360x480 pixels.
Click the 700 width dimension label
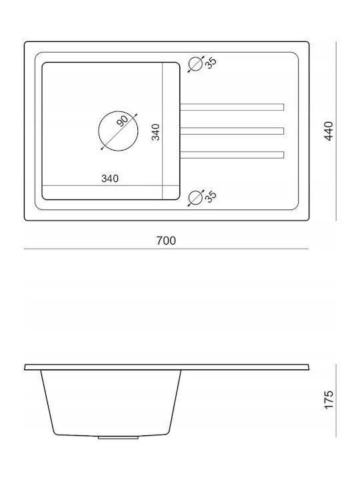point(166,241)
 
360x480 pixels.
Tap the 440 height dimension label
point(329,131)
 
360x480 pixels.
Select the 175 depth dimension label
point(329,399)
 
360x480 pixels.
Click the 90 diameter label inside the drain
point(123,121)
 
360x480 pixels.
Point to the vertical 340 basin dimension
point(156,132)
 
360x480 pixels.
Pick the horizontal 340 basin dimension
point(110,178)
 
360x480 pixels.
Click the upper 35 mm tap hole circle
point(195,64)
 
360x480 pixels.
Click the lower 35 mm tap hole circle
point(195,197)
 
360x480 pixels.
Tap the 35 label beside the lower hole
point(211,196)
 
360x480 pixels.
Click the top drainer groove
point(232,107)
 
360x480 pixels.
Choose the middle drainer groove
point(232,131)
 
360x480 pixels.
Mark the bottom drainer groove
point(232,155)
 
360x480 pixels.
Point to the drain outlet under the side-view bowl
point(118,438)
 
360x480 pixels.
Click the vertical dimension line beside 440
point(336,131)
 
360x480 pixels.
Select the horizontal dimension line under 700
point(166,249)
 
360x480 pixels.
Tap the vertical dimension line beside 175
point(336,401)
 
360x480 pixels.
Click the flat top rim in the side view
point(167,367)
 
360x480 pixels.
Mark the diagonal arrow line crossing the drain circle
point(119,131)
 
